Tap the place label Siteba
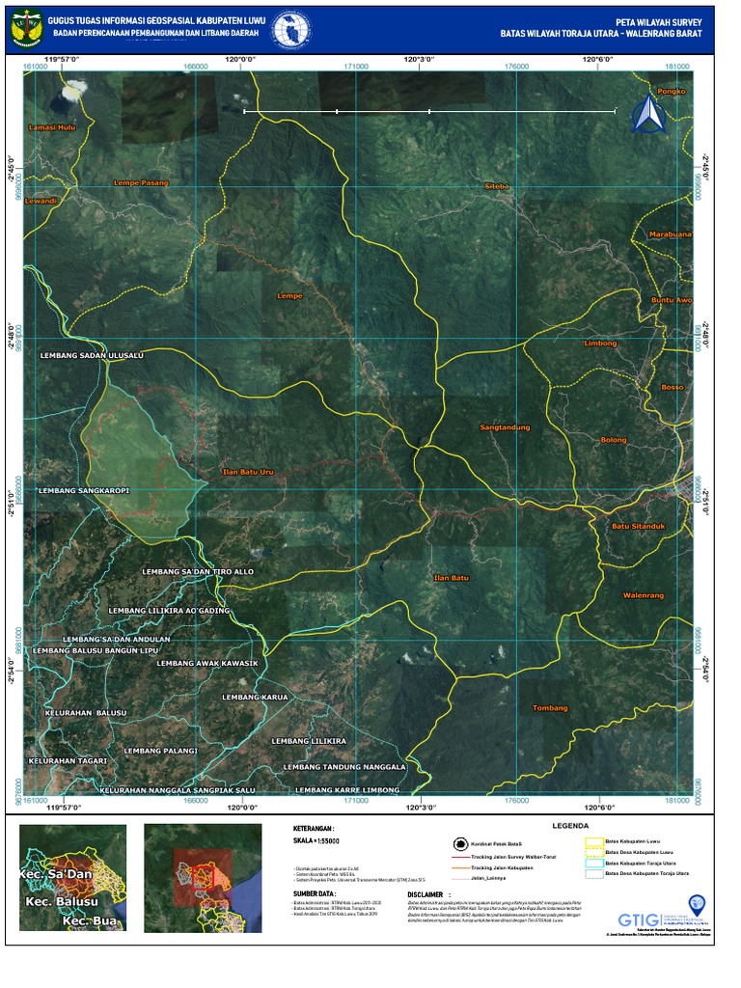496,185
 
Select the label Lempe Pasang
141,182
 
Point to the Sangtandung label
505,426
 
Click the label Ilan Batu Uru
249,472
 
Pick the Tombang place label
550,708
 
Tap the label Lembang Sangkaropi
84,490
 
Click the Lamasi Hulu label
52,127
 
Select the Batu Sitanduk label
638,526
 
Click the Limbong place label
600,343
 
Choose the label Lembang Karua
255,697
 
